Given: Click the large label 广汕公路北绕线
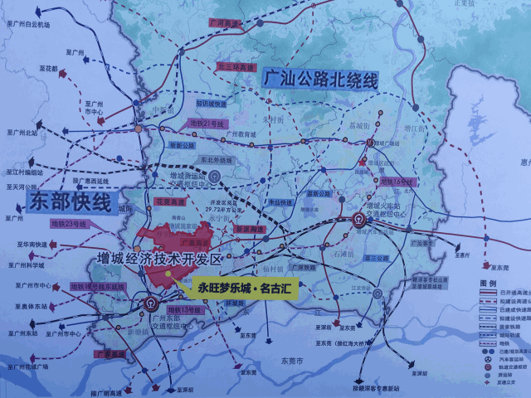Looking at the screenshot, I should coord(319,80).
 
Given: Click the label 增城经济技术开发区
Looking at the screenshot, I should coord(157,259).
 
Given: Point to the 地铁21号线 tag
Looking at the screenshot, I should coord(202,124).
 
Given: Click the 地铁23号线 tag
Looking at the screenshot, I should coord(71,222).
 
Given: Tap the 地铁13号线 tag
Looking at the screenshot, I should coord(184,309).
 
